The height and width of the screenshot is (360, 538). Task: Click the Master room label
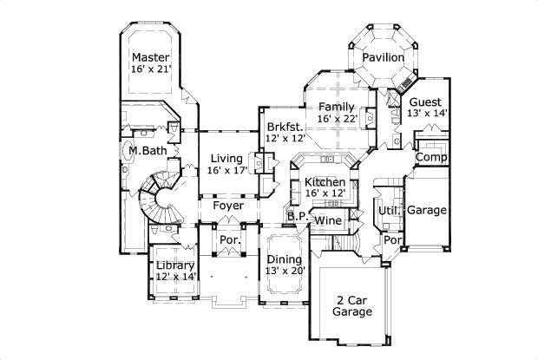point(150,57)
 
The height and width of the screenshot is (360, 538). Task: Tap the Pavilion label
point(383,57)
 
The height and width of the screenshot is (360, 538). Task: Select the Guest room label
point(425,101)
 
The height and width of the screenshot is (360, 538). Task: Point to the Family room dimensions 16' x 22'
point(337,118)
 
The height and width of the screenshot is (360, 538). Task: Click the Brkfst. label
point(284,126)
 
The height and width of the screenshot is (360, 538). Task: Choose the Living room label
point(226,158)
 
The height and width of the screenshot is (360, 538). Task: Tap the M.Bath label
point(148,151)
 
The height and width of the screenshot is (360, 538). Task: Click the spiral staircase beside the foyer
point(161,198)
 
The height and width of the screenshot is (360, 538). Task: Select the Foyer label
point(228,206)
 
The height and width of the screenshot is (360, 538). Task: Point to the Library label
point(176,265)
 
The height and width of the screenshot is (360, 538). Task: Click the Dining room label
point(284,259)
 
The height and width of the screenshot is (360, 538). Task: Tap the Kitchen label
point(325,181)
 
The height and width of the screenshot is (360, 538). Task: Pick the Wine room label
point(327,221)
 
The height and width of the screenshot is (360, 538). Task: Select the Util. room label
point(387,210)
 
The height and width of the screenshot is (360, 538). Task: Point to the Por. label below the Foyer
point(229,239)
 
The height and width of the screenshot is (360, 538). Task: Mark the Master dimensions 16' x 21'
point(151,69)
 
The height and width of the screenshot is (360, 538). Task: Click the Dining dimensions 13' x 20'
point(284,272)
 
